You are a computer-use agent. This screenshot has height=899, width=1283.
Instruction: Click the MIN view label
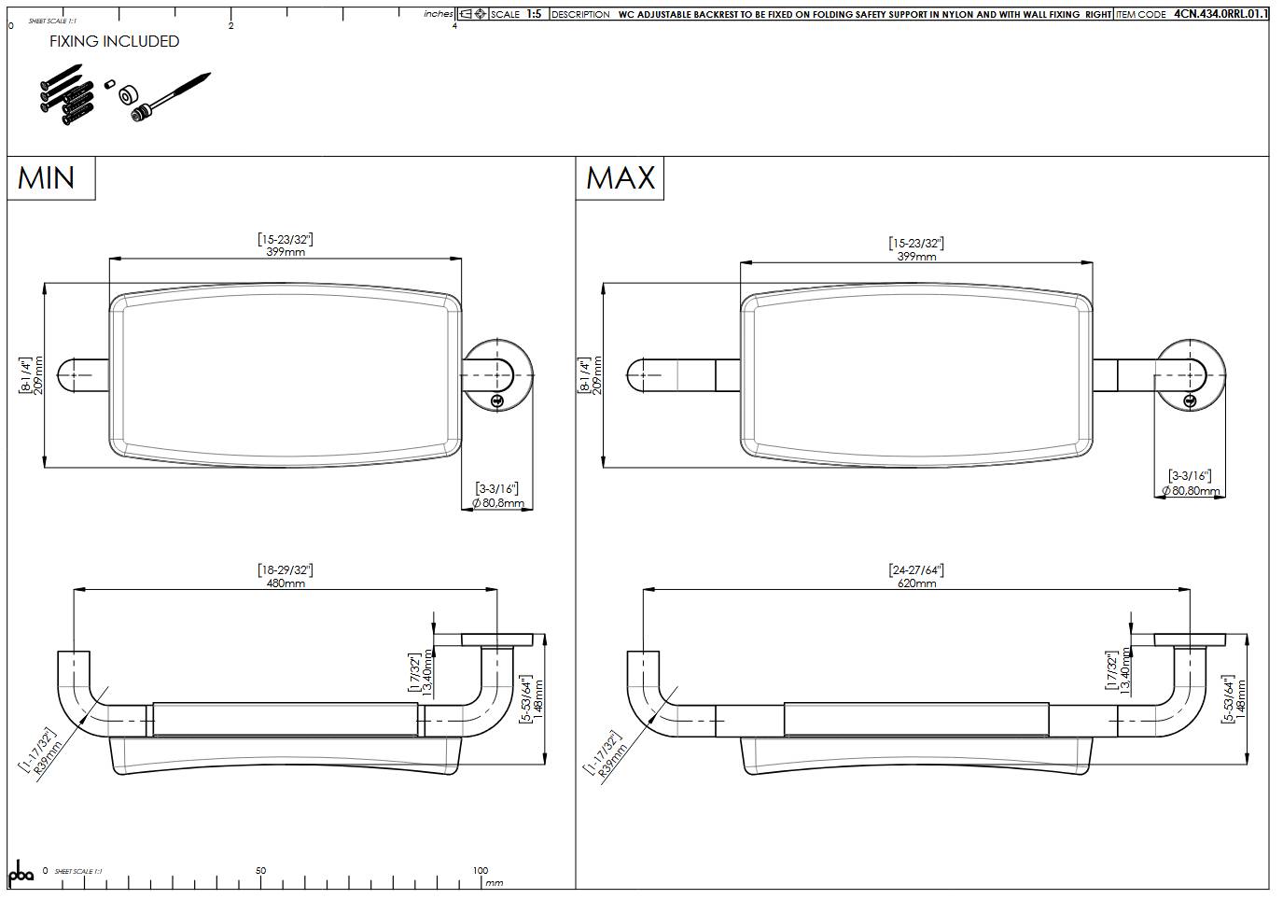pyautogui.click(x=47, y=177)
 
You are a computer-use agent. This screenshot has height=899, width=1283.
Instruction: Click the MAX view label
pyautogui.click(x=621, y=177)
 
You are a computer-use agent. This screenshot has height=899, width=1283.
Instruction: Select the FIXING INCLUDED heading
pyautogui.click(x=114, y=41)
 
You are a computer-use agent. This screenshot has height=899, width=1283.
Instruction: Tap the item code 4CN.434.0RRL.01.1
pyautogui.click(x=1220, y=14)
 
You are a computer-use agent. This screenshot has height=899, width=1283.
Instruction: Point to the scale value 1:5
pyautogui.click(x=534, y=14)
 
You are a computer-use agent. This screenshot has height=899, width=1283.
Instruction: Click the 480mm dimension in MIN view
pyautogui.click(x=286, y=583)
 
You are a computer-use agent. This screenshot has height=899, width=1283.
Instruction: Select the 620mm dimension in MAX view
pyautogui.click(x=916, y=583)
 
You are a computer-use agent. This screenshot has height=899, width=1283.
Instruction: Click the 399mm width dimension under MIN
pyautogui.click(x=286, y=251)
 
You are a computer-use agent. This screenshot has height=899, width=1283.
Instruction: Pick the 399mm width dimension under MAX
pyautogui.click(x=916, y=255)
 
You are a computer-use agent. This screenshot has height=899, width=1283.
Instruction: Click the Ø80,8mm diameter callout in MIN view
pyautogui.click(x=498, y=503)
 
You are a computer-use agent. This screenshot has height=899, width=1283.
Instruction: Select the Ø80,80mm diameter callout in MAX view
pyautogui.click(x=1191, y=490)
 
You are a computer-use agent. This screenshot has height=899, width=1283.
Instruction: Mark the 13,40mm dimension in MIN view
pyautogui.click(x=427, y=672)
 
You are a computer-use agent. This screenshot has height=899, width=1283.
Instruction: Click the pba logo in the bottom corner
pyautogui.click(x=21, y=873)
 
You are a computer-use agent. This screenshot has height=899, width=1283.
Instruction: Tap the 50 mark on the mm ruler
pyautogui.click(x=260, y=870)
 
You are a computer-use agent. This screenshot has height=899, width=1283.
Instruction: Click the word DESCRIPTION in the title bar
pyautogui.click(x=580, y=14)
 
